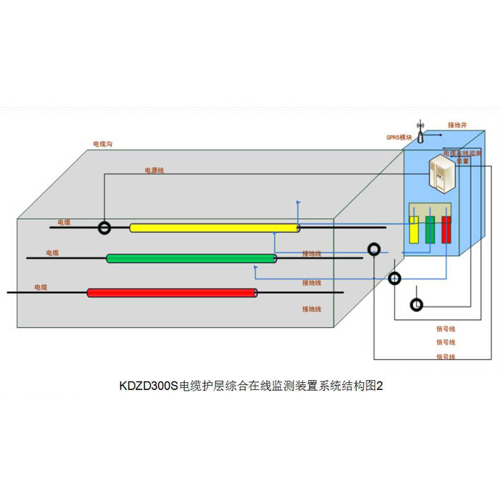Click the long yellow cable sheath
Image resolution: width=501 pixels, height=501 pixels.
(x=214, y=228)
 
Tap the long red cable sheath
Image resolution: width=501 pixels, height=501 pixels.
(x=172, y=293)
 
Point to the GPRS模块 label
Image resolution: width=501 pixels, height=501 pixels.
(x=399, y=137)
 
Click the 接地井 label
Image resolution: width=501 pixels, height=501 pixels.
(x=457, y=125)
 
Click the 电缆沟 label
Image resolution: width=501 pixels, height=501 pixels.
(x=102, y=144)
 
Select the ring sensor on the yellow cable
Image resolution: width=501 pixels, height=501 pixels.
(x=105, y=228)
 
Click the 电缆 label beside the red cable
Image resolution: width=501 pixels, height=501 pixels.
(x=41, y=287)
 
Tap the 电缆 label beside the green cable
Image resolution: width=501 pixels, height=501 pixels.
(x=52, y=253)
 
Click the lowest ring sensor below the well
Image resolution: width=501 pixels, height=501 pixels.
(x=416, y=305)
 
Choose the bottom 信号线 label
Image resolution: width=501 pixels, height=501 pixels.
(x=446, y=356)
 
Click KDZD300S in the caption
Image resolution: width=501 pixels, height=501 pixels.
(x=148, y=386)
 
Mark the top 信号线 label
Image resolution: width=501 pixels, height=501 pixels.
(x=446, y=329)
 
